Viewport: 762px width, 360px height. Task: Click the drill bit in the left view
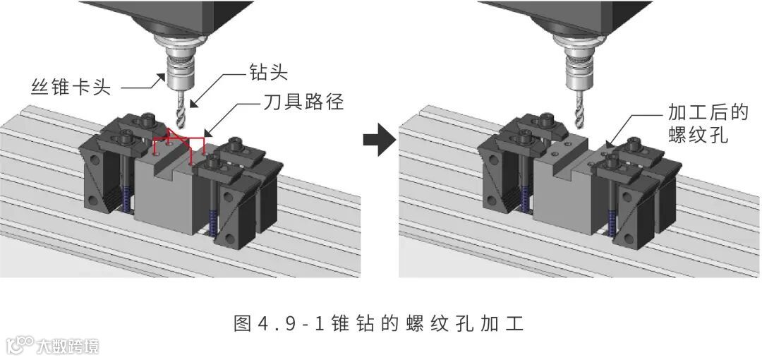tap(179, 106)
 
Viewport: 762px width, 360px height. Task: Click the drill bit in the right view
tap(581, 106)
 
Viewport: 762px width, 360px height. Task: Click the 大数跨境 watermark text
tap(68, 346)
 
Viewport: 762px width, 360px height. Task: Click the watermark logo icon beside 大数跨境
tap(20, 345)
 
